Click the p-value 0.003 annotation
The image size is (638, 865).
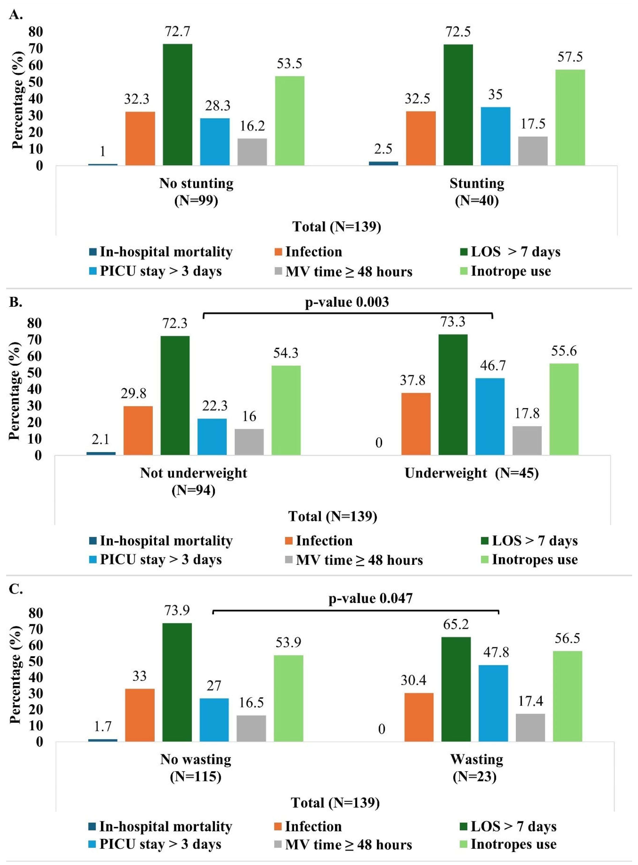pyautogui.click(x=347, y=302)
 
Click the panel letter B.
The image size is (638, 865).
pyautogui.click(x=15, y=302)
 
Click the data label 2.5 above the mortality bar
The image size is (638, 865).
pyautogui.click(x=383, y=149)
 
